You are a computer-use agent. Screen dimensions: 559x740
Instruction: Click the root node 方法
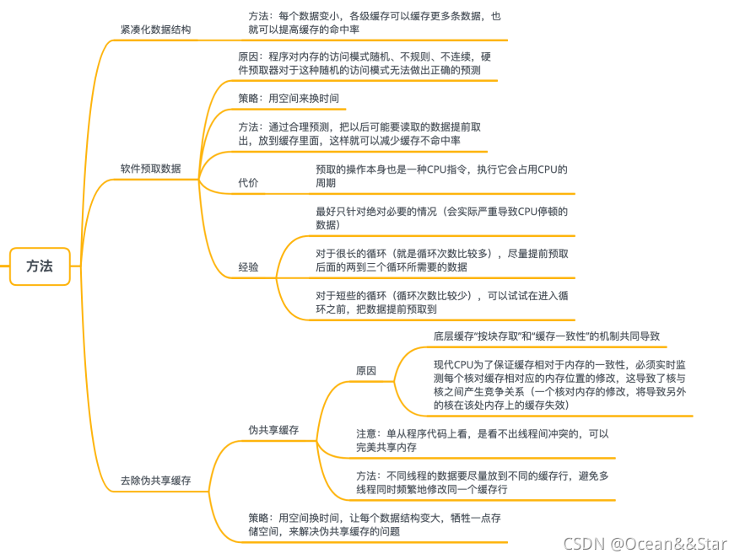pos(40,266)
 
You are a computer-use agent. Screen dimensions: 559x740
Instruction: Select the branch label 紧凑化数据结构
pos(155,30)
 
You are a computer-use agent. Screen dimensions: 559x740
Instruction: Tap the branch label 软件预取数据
pos(150,168)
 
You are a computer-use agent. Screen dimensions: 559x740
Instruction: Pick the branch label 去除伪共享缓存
pos(155,481)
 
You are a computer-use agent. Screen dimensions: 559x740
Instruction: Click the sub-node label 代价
pos(248,183)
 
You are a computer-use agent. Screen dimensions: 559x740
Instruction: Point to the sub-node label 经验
pos(248,266)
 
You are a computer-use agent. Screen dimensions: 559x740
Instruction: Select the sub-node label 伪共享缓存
pos(273,430)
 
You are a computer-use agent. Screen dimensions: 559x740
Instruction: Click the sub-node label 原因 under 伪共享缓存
pos(366,370)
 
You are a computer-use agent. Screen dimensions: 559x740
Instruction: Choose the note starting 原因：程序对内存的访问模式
pos(365,64)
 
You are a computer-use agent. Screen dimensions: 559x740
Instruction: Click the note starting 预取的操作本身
pos(441,175)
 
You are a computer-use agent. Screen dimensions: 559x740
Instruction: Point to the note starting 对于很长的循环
pos(442,260)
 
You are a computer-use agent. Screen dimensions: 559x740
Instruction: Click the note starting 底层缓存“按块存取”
pos(546,336)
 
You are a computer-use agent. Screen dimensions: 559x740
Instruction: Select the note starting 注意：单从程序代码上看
pos(482,439)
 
